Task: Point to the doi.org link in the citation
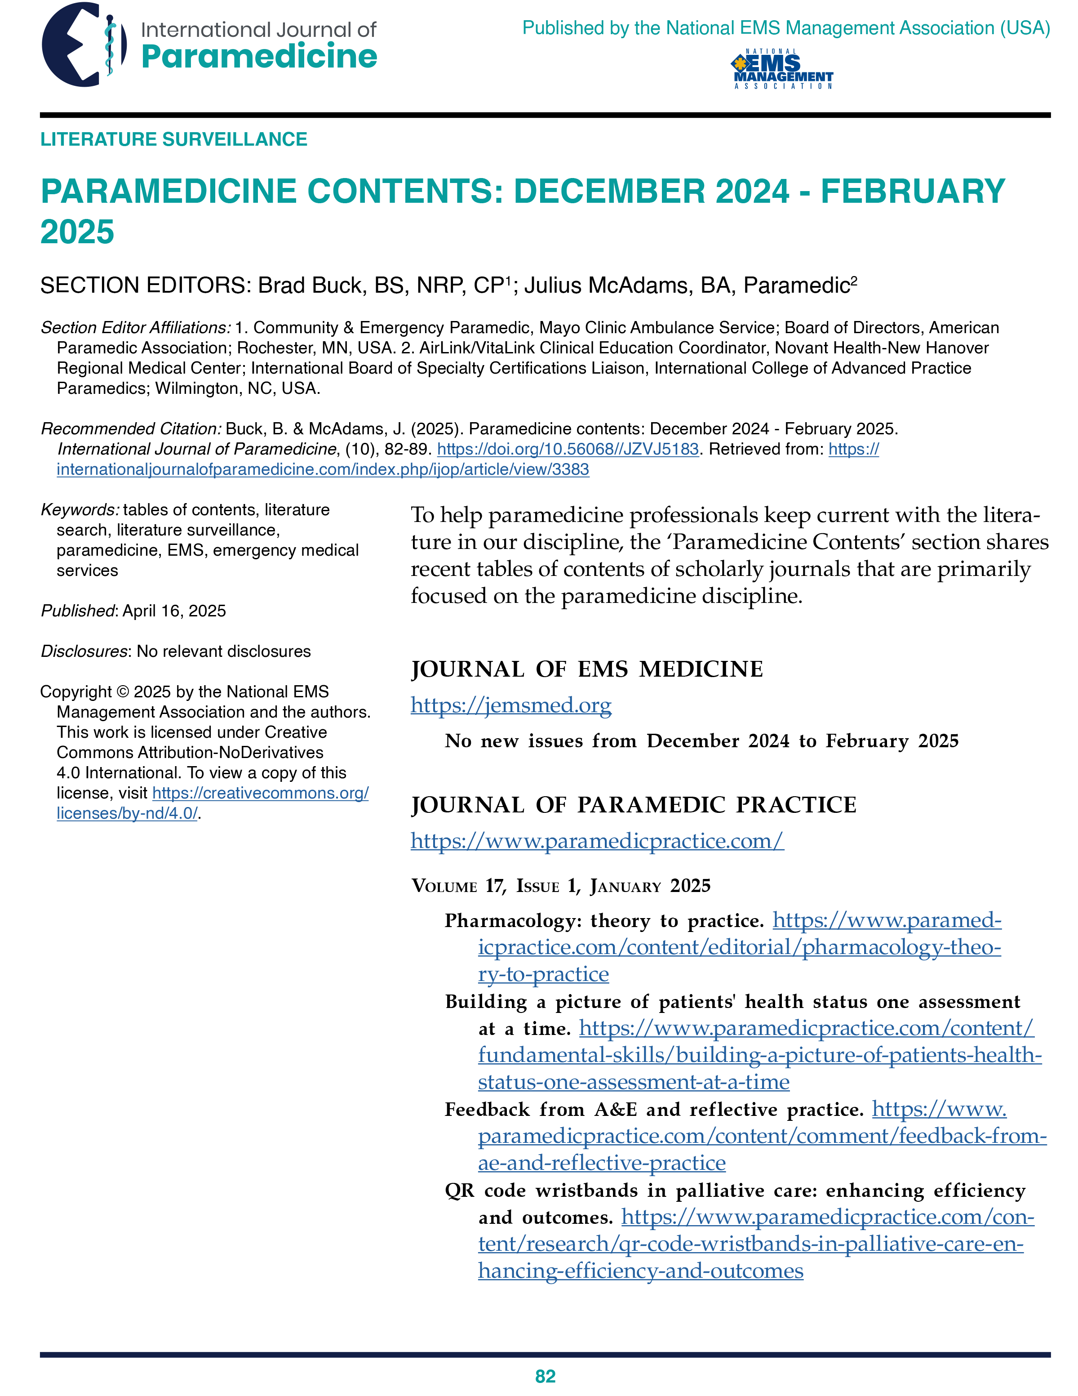pyautogui.click(x=568, y=449)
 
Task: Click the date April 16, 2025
pyautogui.click(x=174, y=611)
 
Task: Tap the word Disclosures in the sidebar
pyautogui.click(x=84, y=651)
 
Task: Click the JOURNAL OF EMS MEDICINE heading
pyautogui.click(x=586, y=669)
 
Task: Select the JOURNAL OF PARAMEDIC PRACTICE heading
pyautogui.click(x=633, y=805)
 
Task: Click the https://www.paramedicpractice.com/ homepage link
pyautogui.click(x=597, y=841)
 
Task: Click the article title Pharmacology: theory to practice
pyautogui.click(x=604, y=921)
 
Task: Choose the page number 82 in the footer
pyautogui.click(x=545, y=1376)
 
